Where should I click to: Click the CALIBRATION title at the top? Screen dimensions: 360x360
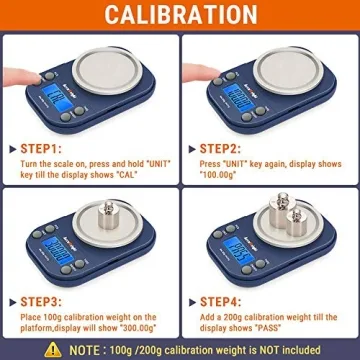click(180, 16)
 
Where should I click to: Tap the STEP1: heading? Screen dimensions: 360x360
click(45, 148)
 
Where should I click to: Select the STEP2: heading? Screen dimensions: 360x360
click(231, 148)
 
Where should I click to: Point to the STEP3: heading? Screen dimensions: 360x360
click(45, 301)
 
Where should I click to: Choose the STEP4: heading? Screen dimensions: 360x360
click(231, 301)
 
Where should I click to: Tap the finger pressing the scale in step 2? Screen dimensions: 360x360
click(205, 80)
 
